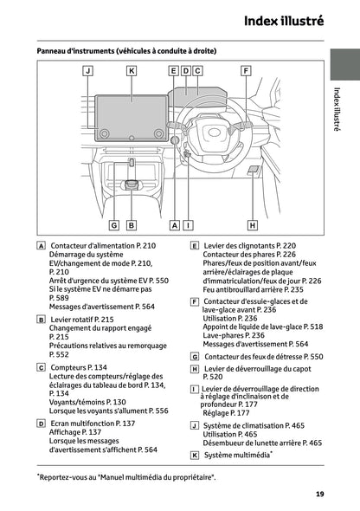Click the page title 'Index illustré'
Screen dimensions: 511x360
[x=283, y=21]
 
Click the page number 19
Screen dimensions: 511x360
[x=320, y=494]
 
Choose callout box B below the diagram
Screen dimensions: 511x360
[x=131, y=224]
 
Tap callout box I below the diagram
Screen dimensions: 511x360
[x=187, y=224]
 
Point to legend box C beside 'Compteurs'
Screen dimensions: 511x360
[x=42, y=367]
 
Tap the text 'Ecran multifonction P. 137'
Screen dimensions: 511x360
[x=93, y=424]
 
